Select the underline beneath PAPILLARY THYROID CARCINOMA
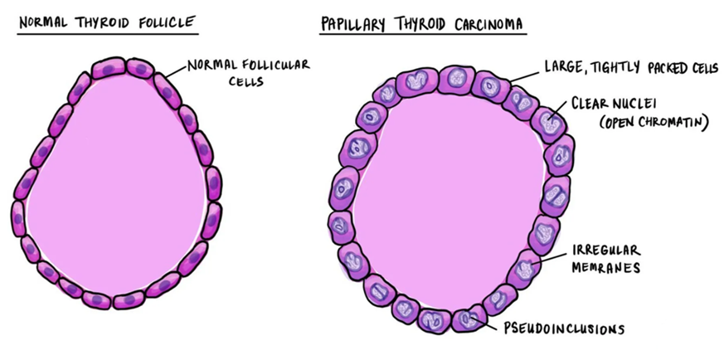[423, 35]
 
